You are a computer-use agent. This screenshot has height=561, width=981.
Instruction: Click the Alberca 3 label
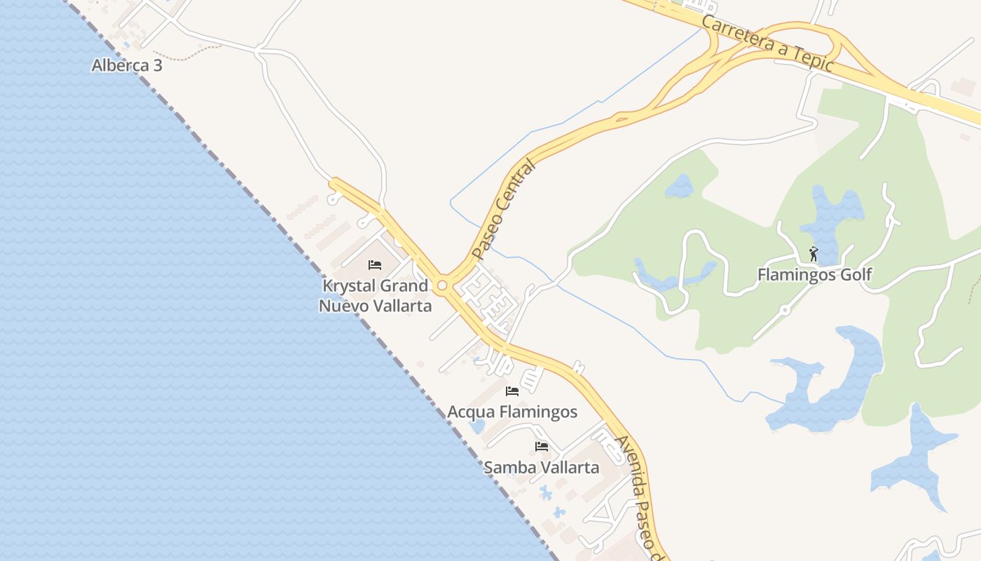[x=127, y=66]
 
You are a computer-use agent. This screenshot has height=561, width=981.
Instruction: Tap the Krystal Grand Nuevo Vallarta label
[x=376, y=296]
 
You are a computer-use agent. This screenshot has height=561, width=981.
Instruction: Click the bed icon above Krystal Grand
[x=375, y=265]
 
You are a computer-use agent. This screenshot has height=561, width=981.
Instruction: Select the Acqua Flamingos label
[x=512, y=412]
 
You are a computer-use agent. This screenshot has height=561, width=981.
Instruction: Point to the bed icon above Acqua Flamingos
[x=512, y=391]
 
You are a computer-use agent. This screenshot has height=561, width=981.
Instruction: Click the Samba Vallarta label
[x=542, y=467]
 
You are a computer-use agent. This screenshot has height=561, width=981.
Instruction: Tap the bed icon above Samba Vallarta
[x=542, y=446]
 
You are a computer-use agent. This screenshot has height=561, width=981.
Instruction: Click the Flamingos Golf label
[x=814, y=274]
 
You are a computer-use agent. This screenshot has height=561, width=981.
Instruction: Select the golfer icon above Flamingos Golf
[x=814, y=253]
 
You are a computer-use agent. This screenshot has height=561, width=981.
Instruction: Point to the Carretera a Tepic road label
[x=767, y=43]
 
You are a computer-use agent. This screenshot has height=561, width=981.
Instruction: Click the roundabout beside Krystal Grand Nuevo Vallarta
[x=441, y=285]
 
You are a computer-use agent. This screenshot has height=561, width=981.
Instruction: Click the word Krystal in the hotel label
[x=349, y=286]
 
